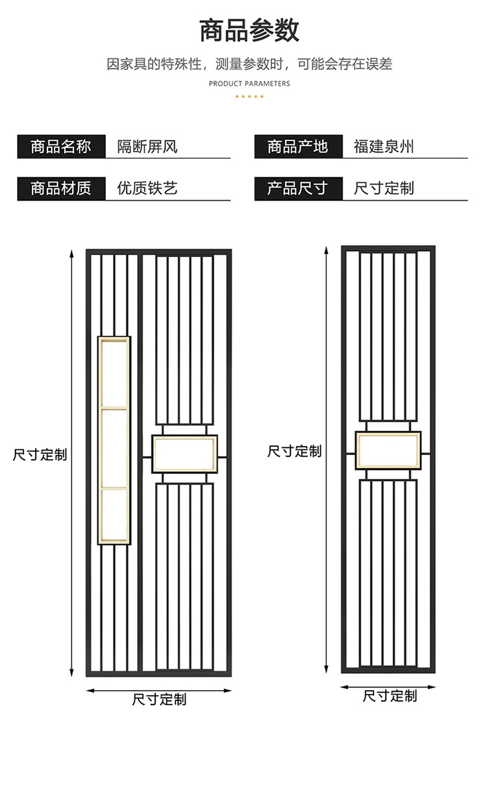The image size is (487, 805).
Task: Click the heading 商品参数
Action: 249,31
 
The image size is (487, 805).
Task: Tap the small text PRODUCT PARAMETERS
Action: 249,84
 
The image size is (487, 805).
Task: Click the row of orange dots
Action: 249,96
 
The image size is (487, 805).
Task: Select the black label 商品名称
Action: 61,147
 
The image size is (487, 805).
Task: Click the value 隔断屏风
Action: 147,147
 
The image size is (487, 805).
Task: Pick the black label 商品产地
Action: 298,147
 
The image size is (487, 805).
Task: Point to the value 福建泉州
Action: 383,147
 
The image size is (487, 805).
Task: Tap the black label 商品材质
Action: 61,189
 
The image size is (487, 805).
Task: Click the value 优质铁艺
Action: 147,189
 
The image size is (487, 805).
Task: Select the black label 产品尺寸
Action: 298,189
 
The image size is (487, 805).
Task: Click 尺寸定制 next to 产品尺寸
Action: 383,189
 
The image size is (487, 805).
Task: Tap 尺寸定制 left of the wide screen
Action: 40,454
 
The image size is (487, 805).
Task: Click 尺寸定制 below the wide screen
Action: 159,699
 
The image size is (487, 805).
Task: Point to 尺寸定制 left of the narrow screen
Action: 294,451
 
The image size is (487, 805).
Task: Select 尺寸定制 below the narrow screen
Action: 390,697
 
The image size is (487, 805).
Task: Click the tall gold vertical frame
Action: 114,440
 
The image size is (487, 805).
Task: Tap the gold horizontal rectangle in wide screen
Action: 184,454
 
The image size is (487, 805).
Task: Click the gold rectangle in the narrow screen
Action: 388,451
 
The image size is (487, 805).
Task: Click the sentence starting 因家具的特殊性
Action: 249,64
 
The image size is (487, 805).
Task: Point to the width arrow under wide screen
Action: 159,690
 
